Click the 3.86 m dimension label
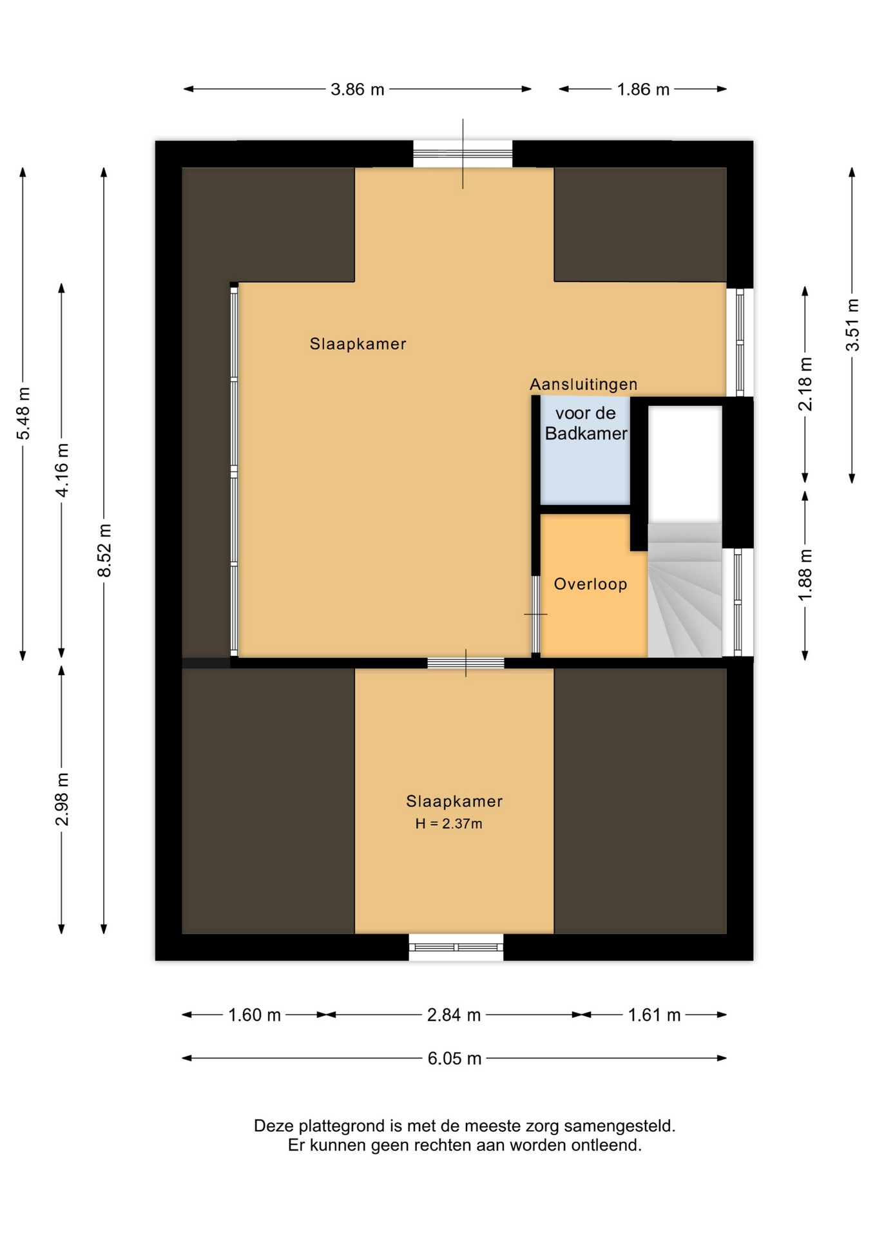click(357, 90)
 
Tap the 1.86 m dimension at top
click(643, 90)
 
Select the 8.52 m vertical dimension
click(104, 551)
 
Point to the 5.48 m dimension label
click(23, 413)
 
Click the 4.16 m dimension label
click(62, 470)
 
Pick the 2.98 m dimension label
click(62, 799)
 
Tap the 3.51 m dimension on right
click(852, 325)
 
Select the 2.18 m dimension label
click(805, 384)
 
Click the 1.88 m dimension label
click(805, 575)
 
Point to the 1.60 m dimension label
click(255, 1015)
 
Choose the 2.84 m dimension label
click(454, 1015)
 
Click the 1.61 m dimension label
click(654, 1015)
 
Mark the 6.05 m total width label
click(454, 1059)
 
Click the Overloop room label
click(590, 584)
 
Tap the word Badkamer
click(586, 434)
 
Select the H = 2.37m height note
click(448, 823)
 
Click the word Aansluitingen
click(583, 385)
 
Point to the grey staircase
click(684, 590)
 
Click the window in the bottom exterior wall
click(456, 947)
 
